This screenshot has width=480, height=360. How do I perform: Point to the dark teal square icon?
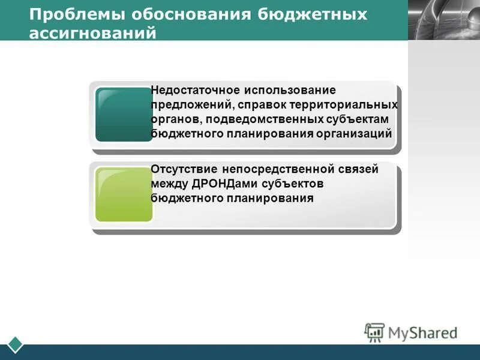124,115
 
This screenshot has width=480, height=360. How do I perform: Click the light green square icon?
124,194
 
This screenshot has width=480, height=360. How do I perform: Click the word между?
169,184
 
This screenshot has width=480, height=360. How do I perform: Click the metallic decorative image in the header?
443,20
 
